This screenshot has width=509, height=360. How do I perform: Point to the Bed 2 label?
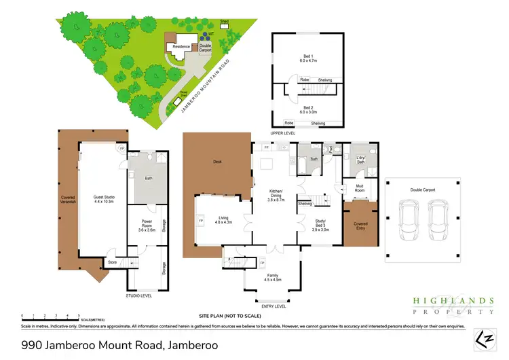[x=308, y=109]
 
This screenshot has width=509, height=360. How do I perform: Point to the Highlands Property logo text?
[x=453, y=305]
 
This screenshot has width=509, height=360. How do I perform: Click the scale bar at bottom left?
[x=51, y=314]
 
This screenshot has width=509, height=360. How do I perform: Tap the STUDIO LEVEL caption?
[x=138, y=296]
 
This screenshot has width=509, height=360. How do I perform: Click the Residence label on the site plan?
[x=180, y=46]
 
